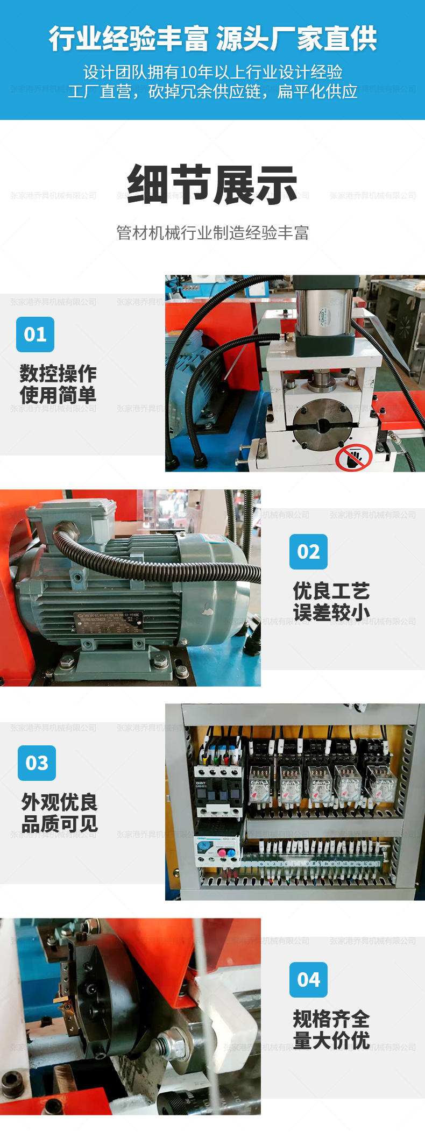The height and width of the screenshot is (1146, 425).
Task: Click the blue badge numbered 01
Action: tap(35, 334)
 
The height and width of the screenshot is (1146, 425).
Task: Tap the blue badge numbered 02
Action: tap(308, 552)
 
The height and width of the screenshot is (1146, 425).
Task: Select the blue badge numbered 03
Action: tap(37, 763)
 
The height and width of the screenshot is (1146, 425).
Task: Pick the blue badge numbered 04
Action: tap(308, 980)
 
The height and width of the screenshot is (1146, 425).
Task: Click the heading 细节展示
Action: tap(212, 185)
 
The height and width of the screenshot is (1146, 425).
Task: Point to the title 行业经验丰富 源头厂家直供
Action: tap(212, 39)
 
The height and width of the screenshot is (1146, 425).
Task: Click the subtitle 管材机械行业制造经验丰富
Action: tap(212, 233)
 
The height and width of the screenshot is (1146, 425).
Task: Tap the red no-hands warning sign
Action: tap(353, 457)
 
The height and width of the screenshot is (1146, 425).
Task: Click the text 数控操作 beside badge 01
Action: tap(58, 374)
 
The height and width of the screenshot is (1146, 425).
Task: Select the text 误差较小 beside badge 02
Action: tap(331, 613)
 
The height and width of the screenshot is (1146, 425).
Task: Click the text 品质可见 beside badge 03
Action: tap(60, 824)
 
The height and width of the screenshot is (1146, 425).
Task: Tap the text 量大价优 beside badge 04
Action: tap(331, 1041)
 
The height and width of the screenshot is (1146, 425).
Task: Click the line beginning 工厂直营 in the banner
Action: tap(212, 92)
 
